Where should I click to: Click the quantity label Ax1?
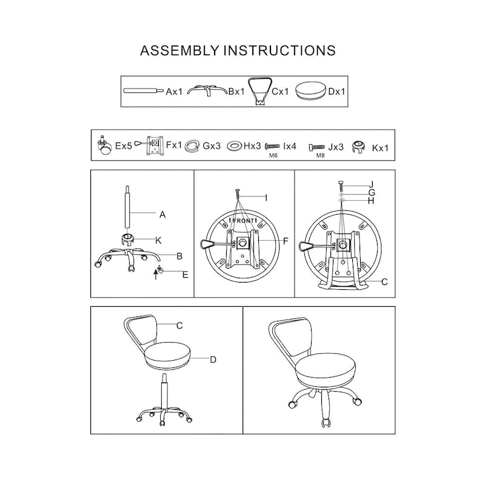pos(174,92)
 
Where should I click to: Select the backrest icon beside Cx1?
pos(260,90)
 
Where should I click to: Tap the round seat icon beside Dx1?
pos(311,92)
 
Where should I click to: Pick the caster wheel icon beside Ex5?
pos(104,145)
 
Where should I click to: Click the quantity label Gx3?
pos(211,146)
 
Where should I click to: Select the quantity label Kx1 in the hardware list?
pos(380,147)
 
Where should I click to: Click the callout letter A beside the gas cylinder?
pos(162,214)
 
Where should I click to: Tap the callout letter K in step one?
pos(158,240)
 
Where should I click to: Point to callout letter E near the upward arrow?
pos(185,275)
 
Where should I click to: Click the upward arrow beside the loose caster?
pos(156,276)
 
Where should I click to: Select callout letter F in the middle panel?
pos(285,241)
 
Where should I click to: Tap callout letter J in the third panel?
pos(371,184)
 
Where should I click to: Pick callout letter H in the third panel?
pos(371,200)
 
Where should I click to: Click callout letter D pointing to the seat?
pos(213,360)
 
